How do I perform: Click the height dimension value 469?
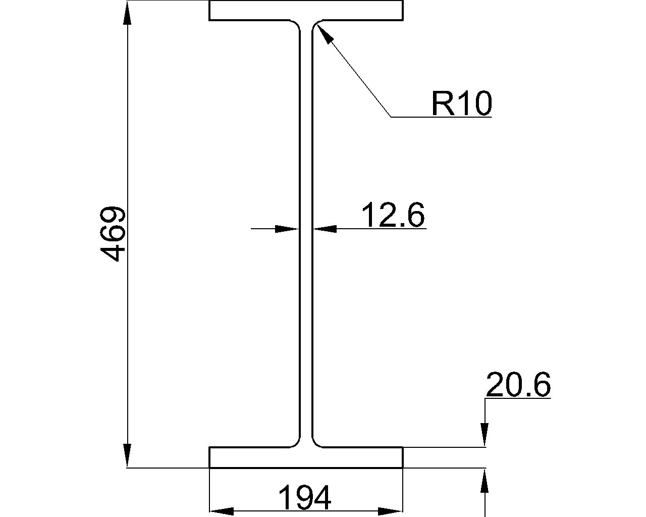tap(113, 234)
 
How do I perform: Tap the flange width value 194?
tap(305, 497)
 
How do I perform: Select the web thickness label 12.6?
tap(393, 215)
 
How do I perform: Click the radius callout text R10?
tap(462, 103)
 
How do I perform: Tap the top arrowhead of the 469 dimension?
tap(127, 13)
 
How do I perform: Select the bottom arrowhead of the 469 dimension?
tap(127, 455)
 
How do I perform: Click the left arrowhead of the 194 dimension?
tap(222, 511)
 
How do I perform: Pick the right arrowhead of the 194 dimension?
tap(390, 511)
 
